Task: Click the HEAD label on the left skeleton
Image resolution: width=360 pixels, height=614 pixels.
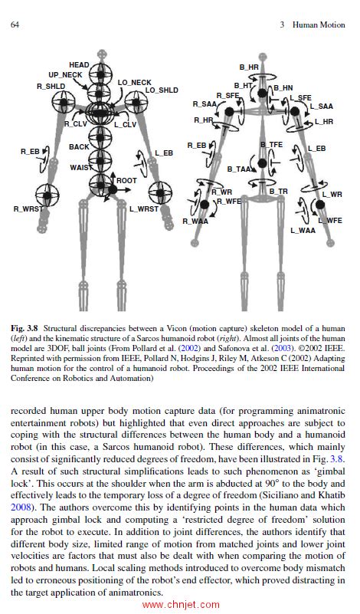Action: click(x=80, y=65)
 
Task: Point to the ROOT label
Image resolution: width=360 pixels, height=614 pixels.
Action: click(x=126, y=181)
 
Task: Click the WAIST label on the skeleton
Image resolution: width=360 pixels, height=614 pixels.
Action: click(x=80, y=167)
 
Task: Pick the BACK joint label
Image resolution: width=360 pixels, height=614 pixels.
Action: click(x=79, y=146)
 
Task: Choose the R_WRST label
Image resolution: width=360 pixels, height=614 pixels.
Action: click(x=28, y=208)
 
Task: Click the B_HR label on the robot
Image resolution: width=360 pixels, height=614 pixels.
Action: click(x=249, y=68)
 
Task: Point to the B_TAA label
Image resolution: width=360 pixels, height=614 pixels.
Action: click(x=239, y=169)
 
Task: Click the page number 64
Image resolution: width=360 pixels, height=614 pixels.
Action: click(x=15, y=25)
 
